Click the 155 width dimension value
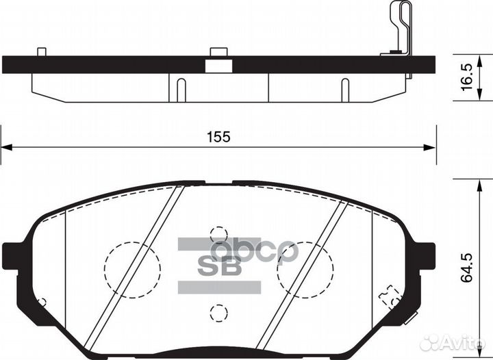219,136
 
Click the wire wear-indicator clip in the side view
400,27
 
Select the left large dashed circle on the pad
131,268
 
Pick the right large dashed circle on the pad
305,268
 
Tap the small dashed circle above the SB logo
218,234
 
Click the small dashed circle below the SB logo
218,313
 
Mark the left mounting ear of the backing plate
15,255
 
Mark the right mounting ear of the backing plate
422,255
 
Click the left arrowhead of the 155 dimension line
5,146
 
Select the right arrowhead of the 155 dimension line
431,146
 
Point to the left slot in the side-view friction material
181,90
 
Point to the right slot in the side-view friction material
345,90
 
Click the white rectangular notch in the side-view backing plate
218,65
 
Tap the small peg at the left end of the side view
41,52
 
